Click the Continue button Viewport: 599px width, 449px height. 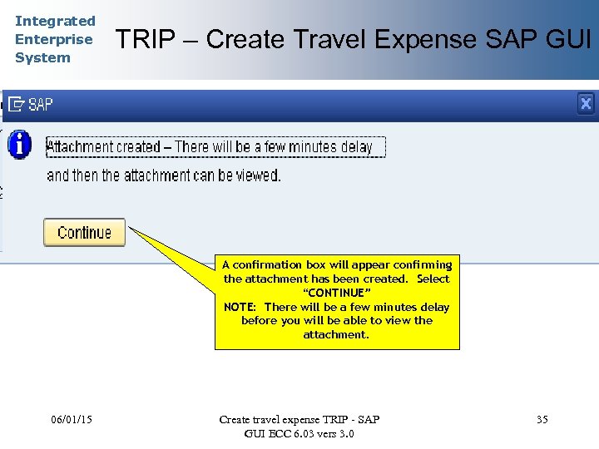(x=84, y=233)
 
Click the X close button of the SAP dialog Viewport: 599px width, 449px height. (x=586, y=103)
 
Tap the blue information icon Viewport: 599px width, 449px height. (x=19, y=145)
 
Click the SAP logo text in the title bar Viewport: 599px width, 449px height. (x=40, y=105)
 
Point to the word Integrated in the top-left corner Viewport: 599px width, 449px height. (x=55, y=21)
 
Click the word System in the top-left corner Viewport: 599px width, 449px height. (x=42, y=57)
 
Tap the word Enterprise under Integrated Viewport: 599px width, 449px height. (x=53, y=39)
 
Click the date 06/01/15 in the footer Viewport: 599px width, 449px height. (x=71, y=419)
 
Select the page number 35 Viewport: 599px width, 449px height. (x=542, y=419)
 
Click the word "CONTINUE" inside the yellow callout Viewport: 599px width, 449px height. (x=336, y=293)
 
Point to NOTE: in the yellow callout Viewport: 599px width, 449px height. (x=241, y=307)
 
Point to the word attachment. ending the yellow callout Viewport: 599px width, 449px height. (x=336, y=334)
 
